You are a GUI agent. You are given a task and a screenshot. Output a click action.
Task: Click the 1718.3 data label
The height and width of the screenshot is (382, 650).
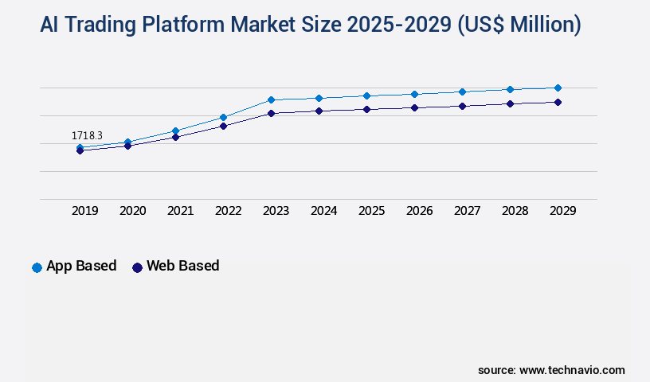click(87, 136)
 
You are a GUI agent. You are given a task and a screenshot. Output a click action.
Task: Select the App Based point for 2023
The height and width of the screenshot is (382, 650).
click(271, 99)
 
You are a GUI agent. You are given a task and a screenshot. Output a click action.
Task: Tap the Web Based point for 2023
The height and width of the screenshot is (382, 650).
click(271, 113)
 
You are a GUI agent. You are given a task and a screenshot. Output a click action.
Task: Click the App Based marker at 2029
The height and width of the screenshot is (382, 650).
click(558, 88)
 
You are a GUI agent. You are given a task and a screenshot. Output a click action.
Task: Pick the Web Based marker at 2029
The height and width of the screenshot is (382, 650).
click(558, 102)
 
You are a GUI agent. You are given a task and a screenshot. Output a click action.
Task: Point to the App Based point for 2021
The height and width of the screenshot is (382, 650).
click(175, 131)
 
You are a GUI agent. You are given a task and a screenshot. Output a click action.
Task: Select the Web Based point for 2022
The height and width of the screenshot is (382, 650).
click(223, 126)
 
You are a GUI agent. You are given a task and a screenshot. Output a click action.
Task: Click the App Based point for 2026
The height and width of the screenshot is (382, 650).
click(414, 94)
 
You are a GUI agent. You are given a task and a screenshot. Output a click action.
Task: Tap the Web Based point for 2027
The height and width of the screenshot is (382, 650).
click(462, 106)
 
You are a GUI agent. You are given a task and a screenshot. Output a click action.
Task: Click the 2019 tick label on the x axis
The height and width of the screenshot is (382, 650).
click(85, 211)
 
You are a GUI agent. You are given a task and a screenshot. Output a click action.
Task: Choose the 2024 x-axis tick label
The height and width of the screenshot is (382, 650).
click(324, 211)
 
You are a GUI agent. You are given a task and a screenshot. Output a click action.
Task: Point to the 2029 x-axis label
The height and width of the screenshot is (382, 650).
click(563, 211)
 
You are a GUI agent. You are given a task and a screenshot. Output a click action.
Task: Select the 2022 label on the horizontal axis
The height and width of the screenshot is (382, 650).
click(229, 211)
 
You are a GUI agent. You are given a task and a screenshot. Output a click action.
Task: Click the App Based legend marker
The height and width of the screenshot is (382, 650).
click(37, 267)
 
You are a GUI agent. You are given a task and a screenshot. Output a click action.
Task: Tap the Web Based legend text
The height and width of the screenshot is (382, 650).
click(182, 266)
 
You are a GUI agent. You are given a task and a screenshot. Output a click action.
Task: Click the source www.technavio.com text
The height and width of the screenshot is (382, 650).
click(551, 370)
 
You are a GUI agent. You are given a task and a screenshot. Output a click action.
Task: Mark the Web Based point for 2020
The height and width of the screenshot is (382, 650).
click(127, 146)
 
